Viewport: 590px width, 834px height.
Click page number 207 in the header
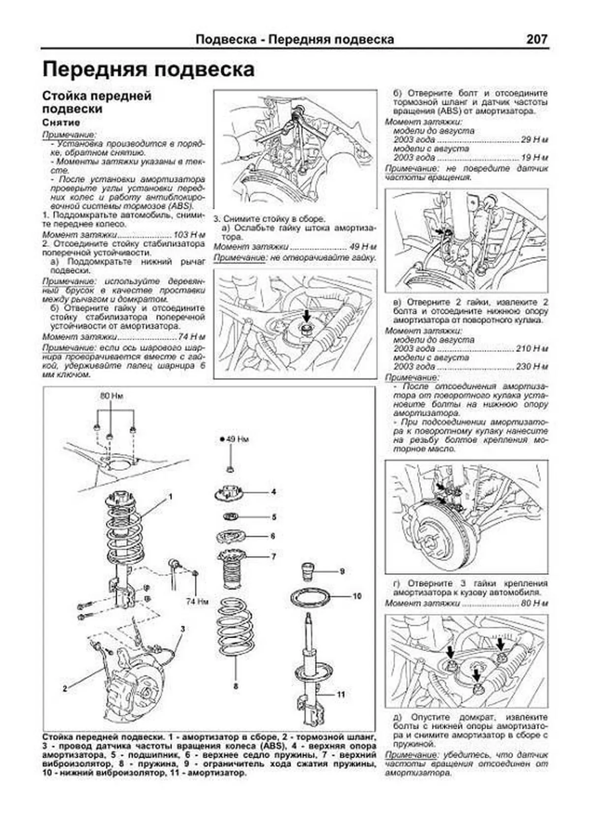536,39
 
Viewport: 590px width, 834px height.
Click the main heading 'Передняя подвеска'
148,69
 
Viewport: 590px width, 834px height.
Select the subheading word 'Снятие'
61,122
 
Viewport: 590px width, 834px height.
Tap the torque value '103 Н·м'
189,235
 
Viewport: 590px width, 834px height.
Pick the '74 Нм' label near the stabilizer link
198,601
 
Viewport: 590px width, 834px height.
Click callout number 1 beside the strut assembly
171,497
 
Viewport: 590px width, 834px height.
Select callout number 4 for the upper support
273,491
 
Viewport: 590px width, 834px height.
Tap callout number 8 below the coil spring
236,686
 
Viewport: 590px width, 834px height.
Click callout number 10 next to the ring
357,596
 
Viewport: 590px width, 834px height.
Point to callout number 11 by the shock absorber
341,694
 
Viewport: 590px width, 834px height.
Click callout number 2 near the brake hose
64,689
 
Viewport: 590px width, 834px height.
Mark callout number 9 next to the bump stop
342,571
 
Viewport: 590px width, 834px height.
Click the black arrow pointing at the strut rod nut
306,315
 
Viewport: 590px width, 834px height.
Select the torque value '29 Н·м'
534,140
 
